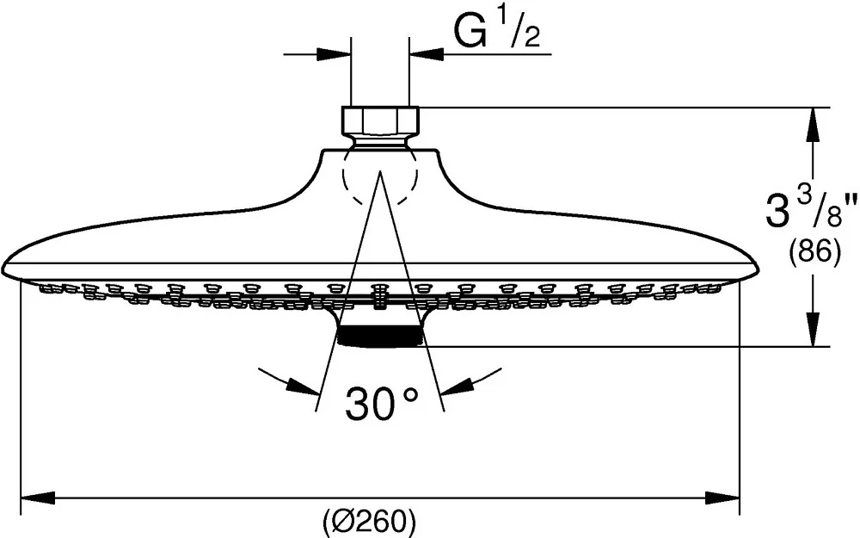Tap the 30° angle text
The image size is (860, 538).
[x=382, y=403]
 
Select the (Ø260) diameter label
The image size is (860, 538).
[x=369, y=519]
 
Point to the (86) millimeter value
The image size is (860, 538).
[x=814, y=254]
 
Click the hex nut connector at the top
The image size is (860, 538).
[x=380, y=121]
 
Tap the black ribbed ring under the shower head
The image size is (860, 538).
[x=379, y=336]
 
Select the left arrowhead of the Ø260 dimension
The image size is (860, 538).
[x=38, y=498]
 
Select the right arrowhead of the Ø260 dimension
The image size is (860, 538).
[x=722, y=498]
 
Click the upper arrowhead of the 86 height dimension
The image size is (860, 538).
[x=813, y=125]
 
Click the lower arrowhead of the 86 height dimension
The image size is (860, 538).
[x=813, y=329]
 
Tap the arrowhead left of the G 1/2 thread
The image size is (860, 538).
[x=334, y=53]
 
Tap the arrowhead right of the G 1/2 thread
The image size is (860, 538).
[x=427, y=53]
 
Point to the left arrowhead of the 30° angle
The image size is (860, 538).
[x=304, y=386]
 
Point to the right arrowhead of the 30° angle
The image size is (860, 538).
[x=458, y=386]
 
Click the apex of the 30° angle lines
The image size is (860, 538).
[x=379, y=171]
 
